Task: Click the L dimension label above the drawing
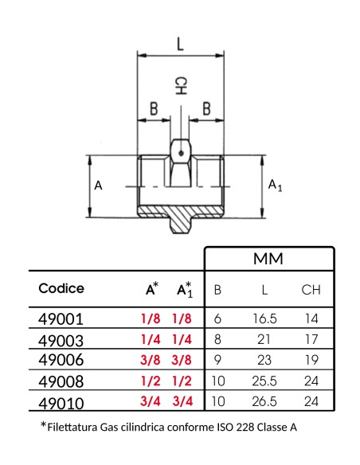(180, 44)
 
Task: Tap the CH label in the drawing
(181, 86)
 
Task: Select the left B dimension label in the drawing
(154, 108)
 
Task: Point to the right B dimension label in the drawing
(207, 108)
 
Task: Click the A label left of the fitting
(98, 186)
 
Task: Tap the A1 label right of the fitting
(276, 186)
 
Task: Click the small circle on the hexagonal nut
(181, 154)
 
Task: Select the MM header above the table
(268, 259)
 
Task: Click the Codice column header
(61, 288)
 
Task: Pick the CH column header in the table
(311, 290)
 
